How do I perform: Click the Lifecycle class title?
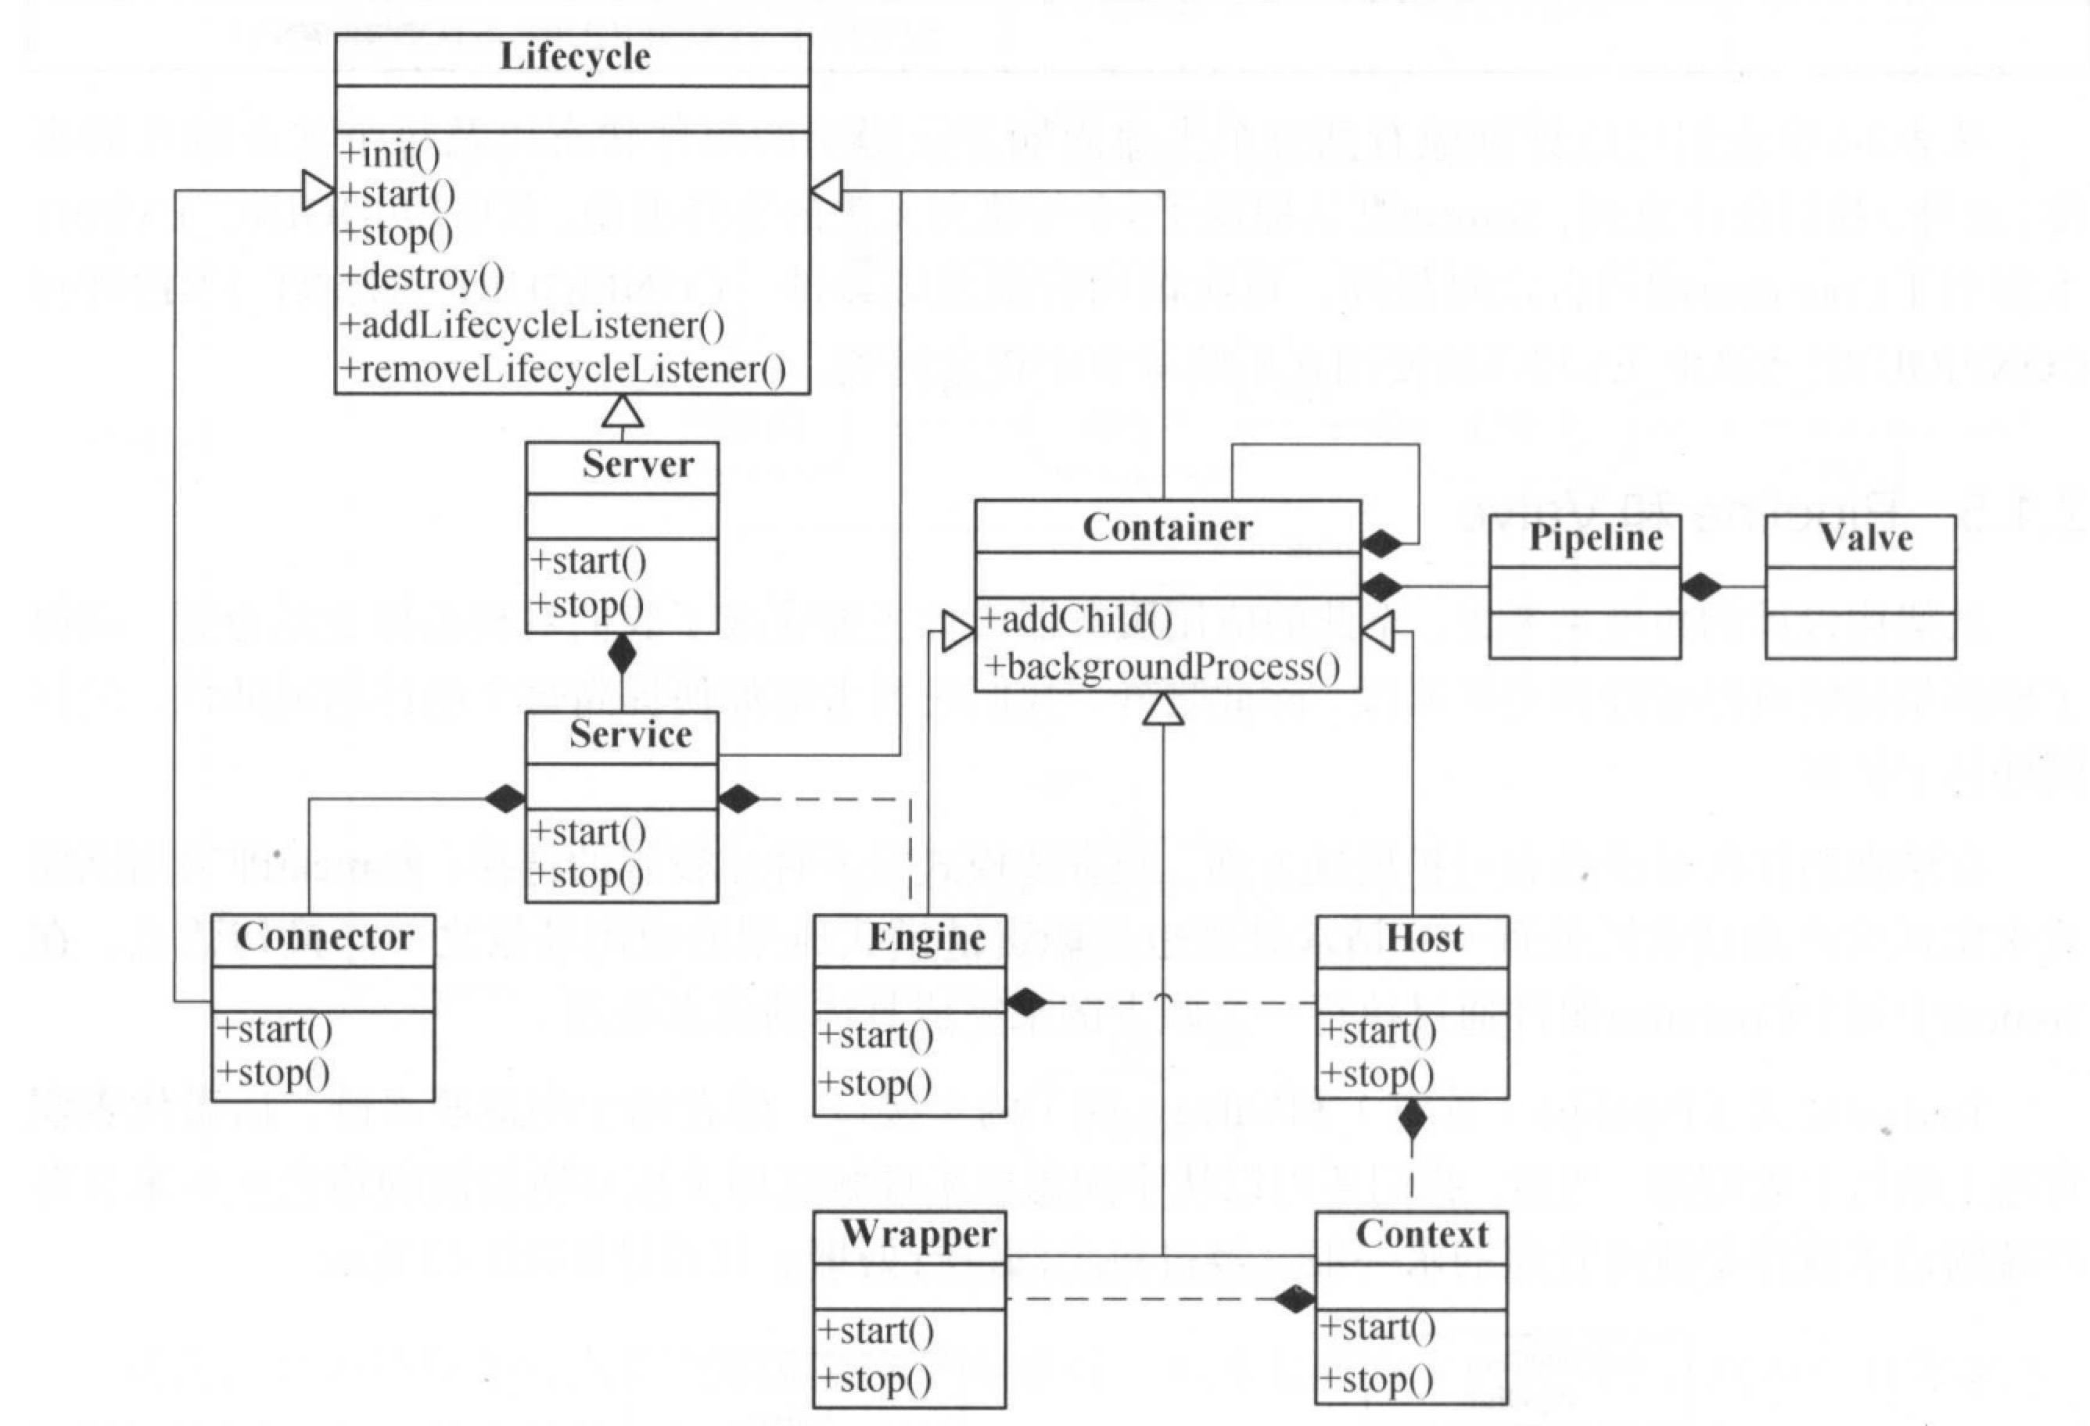click(x=575, y=56)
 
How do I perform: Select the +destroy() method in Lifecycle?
click(x=422, y=276)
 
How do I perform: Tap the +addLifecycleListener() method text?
click(x=533, y=324)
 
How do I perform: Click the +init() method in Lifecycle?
click(x=390, y=154)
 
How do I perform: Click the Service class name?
click(x=630, y=735)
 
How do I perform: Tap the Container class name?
click(x=1167, y=527)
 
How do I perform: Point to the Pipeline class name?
click(x=1596, y=538)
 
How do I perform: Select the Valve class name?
click(x=1866, y=538)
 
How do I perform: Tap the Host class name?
click(x=1424, y=938)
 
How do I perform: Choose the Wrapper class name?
click(x=918, y=1234)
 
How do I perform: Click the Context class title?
click(x=1422, y=1234)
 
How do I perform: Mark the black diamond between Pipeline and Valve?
click(x=1700, y=587)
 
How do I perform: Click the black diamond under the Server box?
click(x=621, y=654)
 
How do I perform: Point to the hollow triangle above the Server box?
click(x=623, y=412)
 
